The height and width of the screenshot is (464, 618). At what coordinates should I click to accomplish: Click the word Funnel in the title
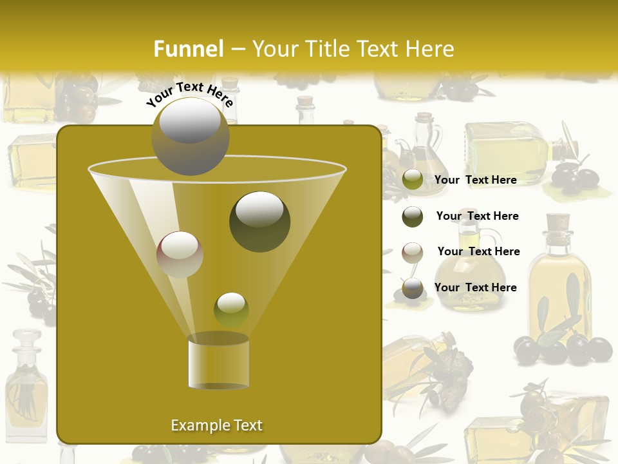coord(189,49)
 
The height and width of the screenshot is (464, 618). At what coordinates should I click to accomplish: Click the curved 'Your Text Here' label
coord(190,94)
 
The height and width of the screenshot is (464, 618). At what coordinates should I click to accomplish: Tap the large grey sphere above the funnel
coord(190,136)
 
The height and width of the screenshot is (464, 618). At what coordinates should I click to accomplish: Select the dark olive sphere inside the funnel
coord(259,221)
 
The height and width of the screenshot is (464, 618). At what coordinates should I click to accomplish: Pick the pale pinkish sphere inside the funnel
coord(180,254)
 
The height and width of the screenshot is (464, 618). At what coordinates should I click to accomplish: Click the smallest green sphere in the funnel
coord(231,309)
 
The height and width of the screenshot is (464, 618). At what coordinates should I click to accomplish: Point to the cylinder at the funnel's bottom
coord(218,363)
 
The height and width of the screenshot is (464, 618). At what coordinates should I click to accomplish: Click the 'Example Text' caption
coord(216,425)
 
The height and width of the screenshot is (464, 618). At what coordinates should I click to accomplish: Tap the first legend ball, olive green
coord(413,180)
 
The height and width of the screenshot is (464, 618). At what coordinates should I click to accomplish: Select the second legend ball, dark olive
coord(413,217)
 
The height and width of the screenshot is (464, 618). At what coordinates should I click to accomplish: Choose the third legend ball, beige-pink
coord(413,252)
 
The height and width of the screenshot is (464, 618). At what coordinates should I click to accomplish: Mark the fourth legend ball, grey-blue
coord(413,288)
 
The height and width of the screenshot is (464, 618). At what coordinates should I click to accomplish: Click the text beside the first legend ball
coord(475,180)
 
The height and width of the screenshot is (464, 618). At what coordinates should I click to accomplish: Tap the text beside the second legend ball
coord(477,216)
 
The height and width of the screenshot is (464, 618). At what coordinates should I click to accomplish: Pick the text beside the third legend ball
coord(478,251)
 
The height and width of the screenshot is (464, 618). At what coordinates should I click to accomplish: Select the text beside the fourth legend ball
coord(475,287)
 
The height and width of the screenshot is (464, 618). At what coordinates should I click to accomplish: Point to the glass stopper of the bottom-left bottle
coord(26,340)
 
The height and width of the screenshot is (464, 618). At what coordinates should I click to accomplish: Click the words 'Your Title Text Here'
coord(353,49)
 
